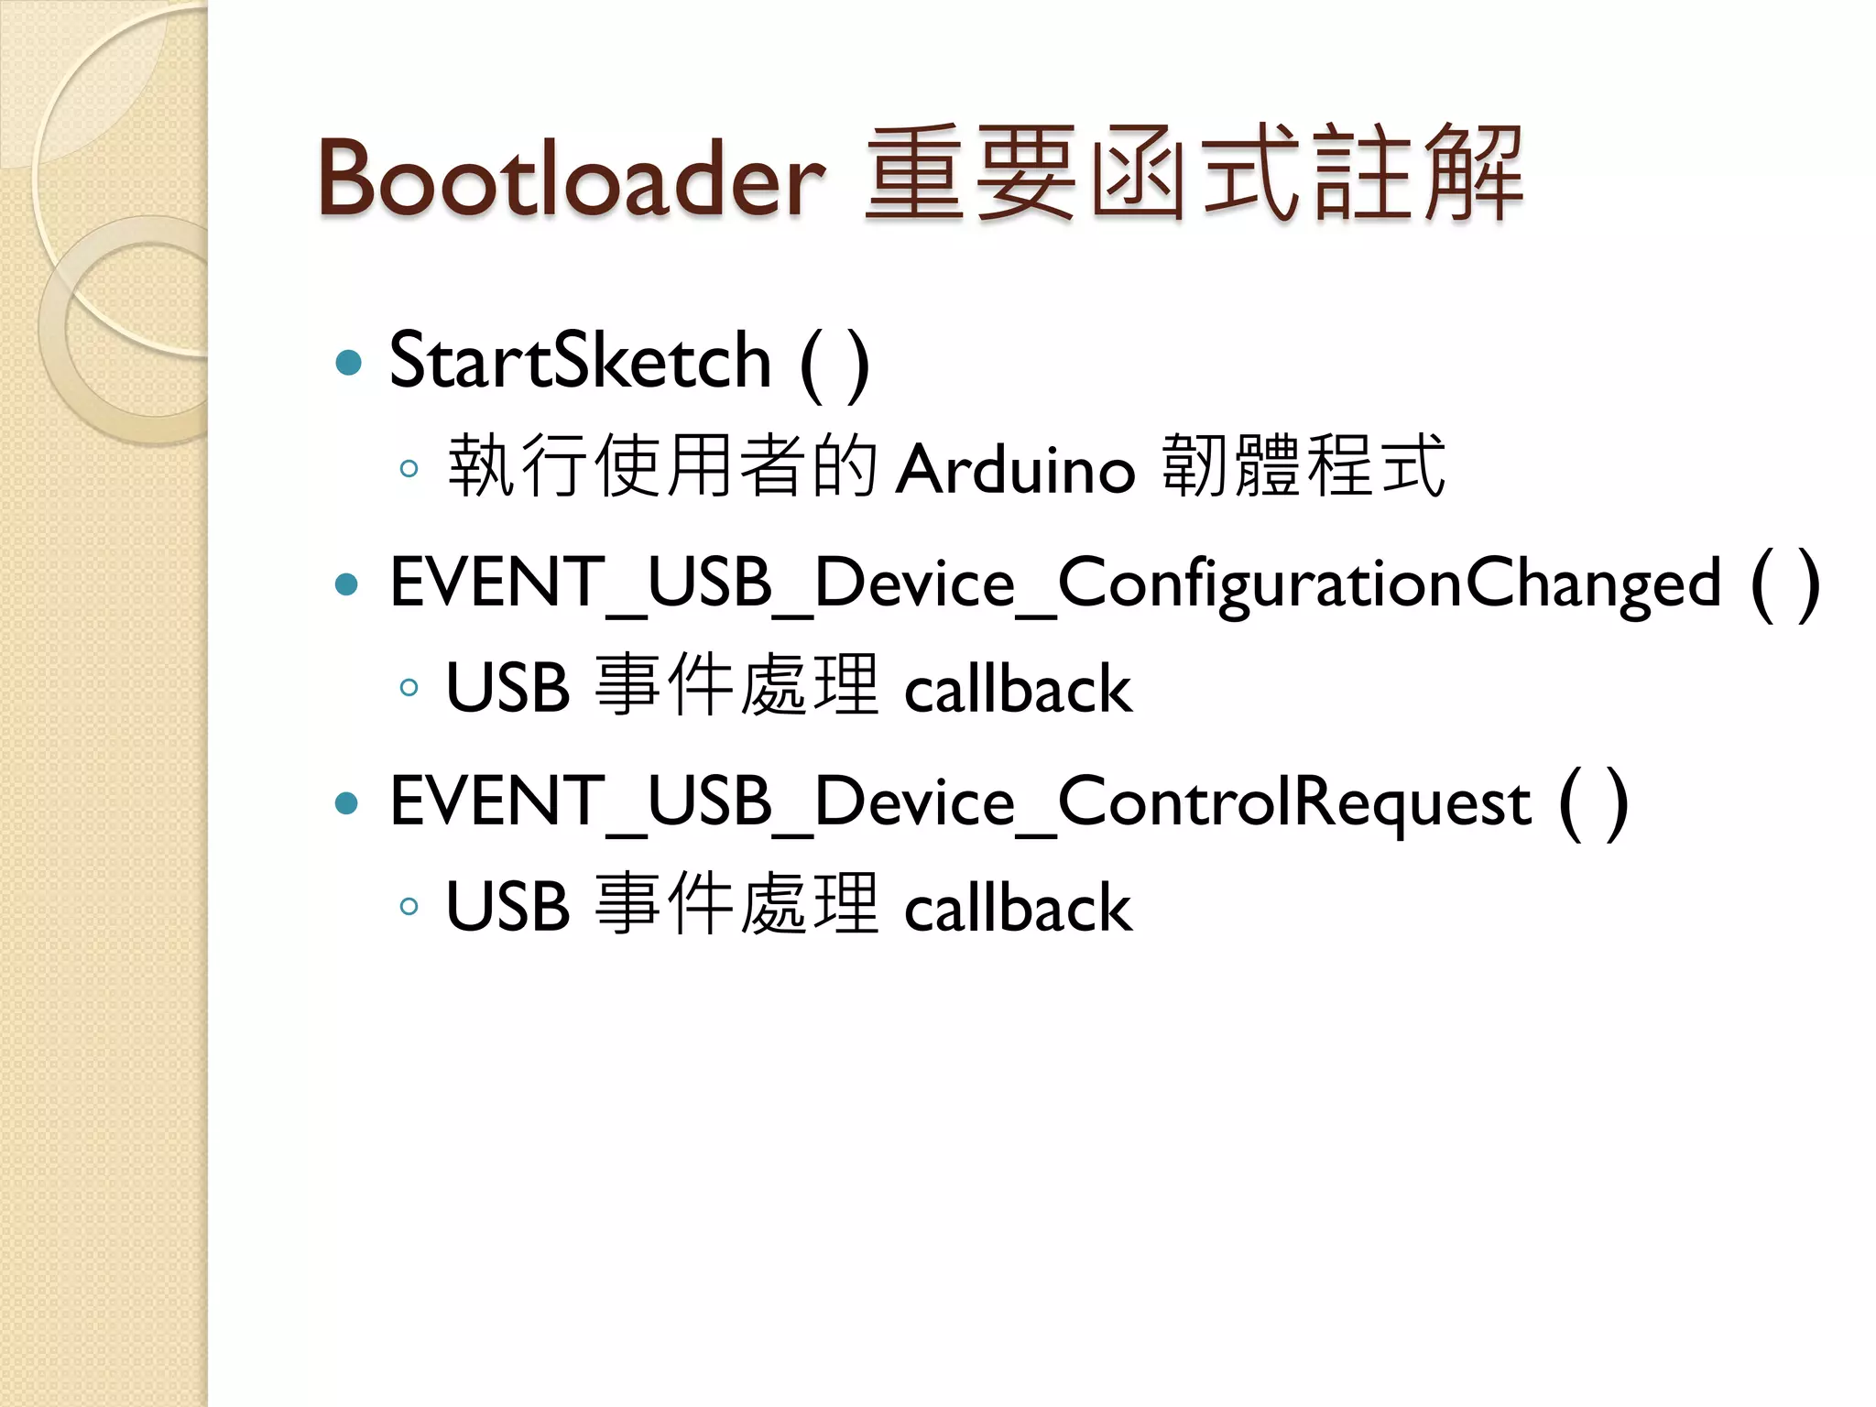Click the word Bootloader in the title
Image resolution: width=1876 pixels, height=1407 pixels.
coord(570,178)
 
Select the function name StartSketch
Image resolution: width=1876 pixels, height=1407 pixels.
coord(580,361)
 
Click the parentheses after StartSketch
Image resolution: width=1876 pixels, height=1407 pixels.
coord(834,364)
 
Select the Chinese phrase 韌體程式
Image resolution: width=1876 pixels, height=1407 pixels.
coord(1303,467)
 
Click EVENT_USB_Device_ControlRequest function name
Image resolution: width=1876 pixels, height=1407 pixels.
coord(959,802)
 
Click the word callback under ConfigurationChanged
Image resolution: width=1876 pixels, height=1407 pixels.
coord(1018,689)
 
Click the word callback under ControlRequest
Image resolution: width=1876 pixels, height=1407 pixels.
coord(1018,908)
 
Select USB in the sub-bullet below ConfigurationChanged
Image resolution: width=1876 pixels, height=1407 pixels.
coord(507,689)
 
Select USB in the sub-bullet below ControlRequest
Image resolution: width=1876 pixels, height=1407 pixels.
coord(507,908)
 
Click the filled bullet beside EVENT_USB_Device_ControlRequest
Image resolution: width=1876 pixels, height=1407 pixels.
coord(347,803)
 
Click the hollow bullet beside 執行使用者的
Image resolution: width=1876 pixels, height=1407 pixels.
coord(409,469)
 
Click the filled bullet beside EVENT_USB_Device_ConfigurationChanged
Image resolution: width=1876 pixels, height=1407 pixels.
coord(347,584)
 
